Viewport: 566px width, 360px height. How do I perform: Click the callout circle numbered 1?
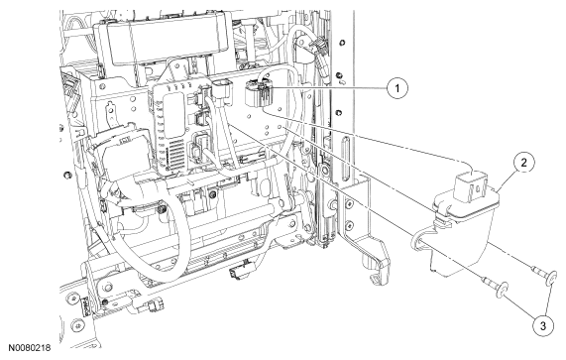[x=397, y=88]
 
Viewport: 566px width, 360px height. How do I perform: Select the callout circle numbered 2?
[x=523, y=163]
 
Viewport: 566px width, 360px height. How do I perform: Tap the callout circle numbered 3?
[x=543, y=326]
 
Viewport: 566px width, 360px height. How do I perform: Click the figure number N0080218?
[x=30, y=348]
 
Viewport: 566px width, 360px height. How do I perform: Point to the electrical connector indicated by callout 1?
[x=259, y=93]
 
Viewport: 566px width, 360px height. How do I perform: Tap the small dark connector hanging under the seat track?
[x=238, y=273]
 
